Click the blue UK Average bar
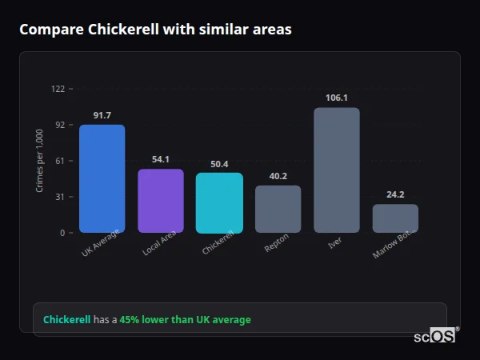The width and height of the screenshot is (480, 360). pyautogui.click(x=102, y=178)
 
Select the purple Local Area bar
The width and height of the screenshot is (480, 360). pyautogui.click(x=161, y=201)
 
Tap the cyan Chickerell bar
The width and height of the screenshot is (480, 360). pyautogui.click(x=219, y=202)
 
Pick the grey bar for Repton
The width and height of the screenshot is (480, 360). pyautogui.click(x=278, y=209)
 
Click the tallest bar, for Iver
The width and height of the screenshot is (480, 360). pyautogui.click(x=337, y=170)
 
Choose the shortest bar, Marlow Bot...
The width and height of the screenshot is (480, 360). pyautogui.click(x=395, y=218)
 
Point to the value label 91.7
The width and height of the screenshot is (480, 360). pyautogui.click(x=102, y=116)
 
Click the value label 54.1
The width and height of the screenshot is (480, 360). pyautogui.click(x=161, y=160)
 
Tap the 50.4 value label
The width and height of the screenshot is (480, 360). pyautogui.click(x=219, y=164)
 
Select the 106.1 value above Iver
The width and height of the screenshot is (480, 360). pyautogui.click(x=337, y=98)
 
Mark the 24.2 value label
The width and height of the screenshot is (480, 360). pyautogui.click(x=395, y=194)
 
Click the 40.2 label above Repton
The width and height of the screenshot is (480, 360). pyautogui.click(x=278, y=176)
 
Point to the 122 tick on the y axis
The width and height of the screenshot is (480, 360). pyautogui.click(x=58, y=89)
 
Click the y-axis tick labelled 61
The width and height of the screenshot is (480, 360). pyautogui.click(x=60, y=161)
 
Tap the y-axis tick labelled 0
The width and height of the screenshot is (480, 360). pyautogui.click(x=62, y=233)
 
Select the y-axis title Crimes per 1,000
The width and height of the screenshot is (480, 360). pyautogui.click(x=40, y=161)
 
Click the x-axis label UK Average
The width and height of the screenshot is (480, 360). pyautogui.click(x=100, y=244)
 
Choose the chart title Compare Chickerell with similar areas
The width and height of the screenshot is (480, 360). pyautogui.click(x=155, y=30)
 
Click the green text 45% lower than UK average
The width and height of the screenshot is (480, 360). pyautogui.click(x=185, y=320)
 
